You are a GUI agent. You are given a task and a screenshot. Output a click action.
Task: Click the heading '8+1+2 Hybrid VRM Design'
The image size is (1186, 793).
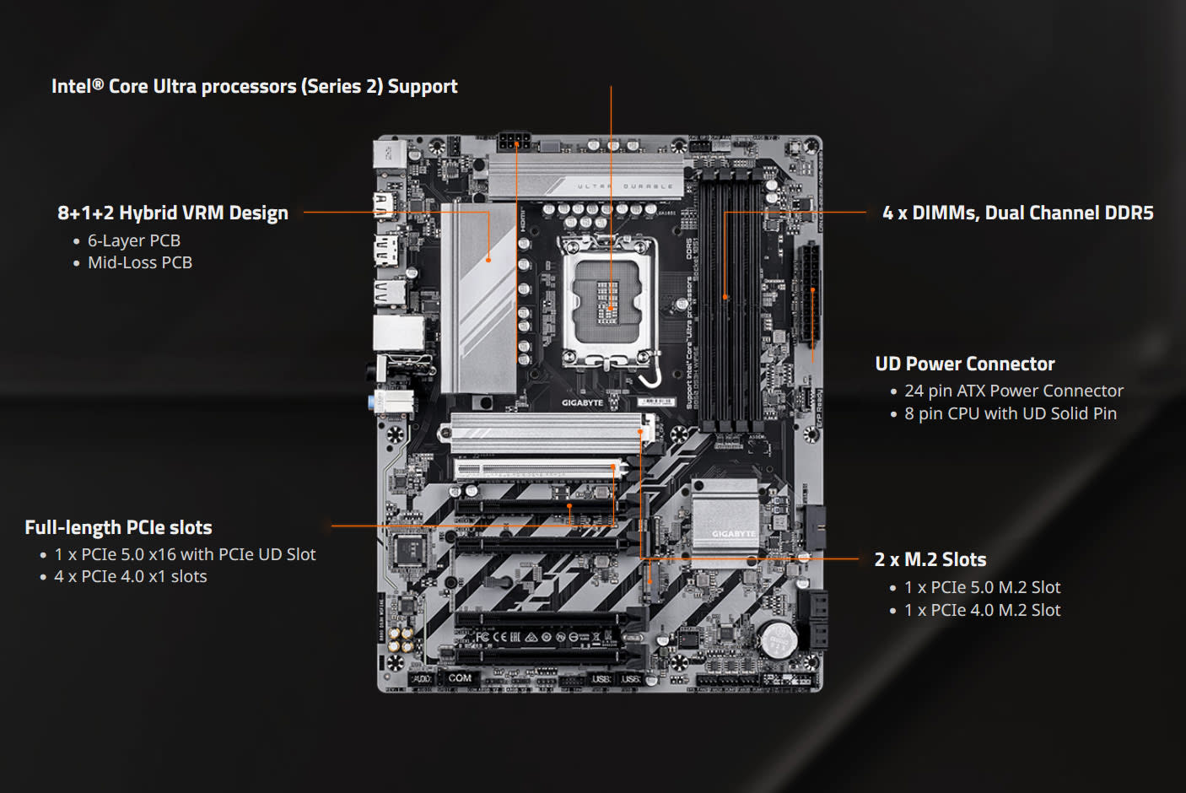coord(172,213)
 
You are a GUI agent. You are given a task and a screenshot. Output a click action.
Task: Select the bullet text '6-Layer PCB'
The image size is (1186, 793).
coord(133,240)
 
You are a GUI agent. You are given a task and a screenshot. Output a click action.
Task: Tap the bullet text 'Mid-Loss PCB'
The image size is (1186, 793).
coord(139,262)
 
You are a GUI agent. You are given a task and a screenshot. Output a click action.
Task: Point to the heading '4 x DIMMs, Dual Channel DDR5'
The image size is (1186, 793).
coord(1017,213)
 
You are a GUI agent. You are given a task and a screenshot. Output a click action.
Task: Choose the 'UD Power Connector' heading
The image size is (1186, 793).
coord(964,364)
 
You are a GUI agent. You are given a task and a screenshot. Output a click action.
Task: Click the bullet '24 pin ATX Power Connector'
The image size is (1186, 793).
coord(1013,391)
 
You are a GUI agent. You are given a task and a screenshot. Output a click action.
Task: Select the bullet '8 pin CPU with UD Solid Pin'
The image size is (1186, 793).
coord(1010,413)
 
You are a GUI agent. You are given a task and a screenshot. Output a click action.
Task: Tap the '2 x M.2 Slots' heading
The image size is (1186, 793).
coord(930,559)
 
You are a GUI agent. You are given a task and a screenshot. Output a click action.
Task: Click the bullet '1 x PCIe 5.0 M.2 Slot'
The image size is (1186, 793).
coord(982,587)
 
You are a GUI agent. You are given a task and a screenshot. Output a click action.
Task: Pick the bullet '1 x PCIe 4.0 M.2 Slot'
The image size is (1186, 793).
coord(982,610)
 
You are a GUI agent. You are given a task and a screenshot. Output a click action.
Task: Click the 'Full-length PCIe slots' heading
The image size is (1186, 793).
coord(118,527)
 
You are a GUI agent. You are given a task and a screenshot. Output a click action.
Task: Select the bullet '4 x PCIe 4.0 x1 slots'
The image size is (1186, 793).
coord(130,576)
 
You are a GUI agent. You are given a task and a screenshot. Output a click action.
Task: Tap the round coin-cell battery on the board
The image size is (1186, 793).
coord(778,639)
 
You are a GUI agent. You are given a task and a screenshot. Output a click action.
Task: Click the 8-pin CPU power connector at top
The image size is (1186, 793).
coord(514,140)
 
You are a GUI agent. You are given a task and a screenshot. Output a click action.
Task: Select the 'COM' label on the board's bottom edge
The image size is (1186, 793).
coord(460,677)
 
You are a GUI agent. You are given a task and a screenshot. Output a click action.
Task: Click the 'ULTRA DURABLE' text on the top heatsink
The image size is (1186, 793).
coord(625,186)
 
